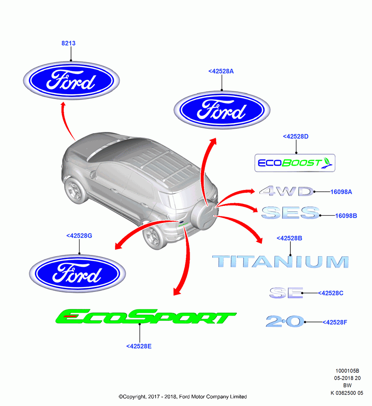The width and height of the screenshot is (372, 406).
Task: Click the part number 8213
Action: point(68,43)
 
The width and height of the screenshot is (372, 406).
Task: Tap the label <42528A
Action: point(221,71)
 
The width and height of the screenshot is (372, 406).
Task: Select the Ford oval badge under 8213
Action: point(71,80)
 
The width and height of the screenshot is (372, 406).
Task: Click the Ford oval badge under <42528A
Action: point(222,110)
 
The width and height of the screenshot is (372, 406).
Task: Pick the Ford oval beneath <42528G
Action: point(78,273)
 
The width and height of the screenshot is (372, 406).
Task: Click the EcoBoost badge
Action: point(295,163)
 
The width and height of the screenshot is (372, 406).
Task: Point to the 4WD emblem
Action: point(287,191)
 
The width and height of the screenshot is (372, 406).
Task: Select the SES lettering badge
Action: point(290,213)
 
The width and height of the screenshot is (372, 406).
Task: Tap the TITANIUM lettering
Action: point(281,261)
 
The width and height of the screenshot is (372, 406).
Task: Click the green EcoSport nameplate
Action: point(146,316)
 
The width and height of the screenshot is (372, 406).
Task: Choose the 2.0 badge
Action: point(285,321)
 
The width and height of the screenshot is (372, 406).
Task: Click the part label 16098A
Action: point(341,192)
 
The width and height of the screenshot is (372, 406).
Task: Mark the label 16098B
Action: point(346,216)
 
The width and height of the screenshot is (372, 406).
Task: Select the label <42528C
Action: point(331,293)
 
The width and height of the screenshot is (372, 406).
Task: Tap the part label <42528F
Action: point(335,322)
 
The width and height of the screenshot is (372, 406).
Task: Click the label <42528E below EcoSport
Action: point(139,346)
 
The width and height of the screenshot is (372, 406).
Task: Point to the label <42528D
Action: point(296,136)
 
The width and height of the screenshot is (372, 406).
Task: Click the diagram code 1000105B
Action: point(347,371)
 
